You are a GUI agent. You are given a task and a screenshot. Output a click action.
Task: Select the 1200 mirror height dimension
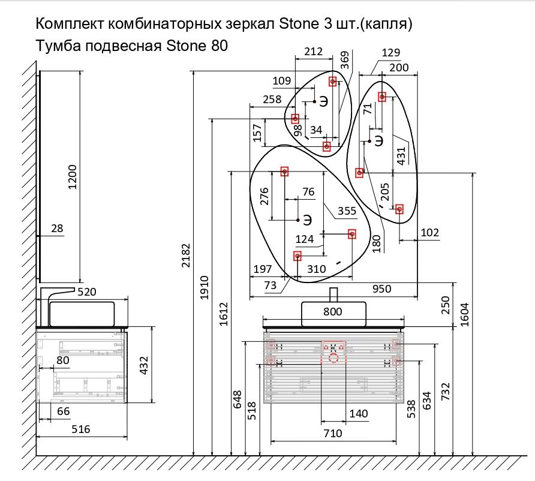73,177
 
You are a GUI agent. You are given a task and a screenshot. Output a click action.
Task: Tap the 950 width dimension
381,288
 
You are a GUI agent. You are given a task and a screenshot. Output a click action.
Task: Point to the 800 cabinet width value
332,311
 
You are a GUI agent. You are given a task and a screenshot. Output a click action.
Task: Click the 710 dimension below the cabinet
332,432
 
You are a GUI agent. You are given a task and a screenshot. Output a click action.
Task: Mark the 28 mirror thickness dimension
58,229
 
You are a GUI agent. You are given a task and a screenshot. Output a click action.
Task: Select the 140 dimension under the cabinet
358,413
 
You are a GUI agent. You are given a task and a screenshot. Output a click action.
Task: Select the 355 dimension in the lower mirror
347,211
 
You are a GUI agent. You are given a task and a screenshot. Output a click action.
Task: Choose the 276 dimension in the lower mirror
263,197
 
